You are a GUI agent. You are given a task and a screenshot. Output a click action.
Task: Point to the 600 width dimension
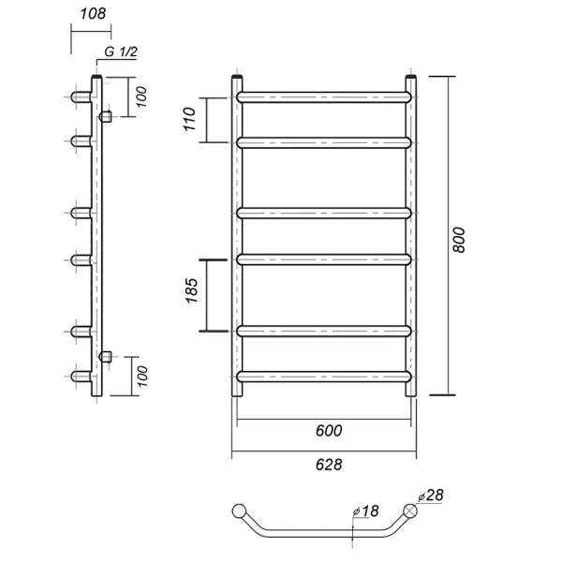tap(324, 431)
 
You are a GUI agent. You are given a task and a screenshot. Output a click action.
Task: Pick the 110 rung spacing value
tap(189, 119)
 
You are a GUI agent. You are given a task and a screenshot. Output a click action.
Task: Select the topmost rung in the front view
tap(324, 96)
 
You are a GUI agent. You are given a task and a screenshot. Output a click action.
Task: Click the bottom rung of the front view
tap(324, 376)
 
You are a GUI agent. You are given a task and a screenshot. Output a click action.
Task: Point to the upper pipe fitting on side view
tap(105, 116)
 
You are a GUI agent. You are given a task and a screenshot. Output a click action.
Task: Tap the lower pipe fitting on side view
tap(105, 356)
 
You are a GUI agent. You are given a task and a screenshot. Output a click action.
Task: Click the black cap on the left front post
tap(237, 76)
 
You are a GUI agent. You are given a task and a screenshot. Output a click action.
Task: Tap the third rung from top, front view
tap(324, 212)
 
